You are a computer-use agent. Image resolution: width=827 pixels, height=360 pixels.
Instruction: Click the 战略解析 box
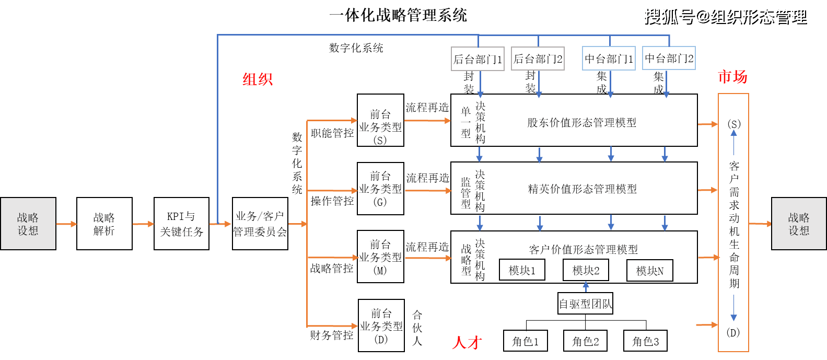104,224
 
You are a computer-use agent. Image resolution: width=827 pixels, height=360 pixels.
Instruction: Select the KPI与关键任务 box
181,224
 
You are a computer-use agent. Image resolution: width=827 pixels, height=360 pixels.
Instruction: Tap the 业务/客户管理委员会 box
260,224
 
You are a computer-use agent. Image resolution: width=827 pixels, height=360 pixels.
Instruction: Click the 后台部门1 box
477,59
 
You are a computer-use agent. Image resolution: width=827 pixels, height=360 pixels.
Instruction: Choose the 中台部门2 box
669,58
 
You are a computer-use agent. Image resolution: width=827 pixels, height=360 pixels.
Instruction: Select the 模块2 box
586,270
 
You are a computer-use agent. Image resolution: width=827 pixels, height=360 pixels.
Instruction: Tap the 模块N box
649,271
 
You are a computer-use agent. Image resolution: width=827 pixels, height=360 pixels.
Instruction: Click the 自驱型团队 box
585,304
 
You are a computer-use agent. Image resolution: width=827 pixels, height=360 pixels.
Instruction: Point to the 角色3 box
646,341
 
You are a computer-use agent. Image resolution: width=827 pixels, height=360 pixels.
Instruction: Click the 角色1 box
526,341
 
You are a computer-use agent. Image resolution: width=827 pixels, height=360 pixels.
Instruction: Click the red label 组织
258,79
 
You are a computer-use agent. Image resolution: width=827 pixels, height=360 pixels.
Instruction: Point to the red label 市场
732,77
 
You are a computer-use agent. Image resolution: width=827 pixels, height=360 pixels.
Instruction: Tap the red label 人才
467,343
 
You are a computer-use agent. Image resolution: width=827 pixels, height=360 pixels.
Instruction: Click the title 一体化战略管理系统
398,15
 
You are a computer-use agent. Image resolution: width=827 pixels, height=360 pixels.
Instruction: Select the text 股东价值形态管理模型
581,123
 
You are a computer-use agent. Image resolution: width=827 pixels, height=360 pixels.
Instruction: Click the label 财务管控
331,335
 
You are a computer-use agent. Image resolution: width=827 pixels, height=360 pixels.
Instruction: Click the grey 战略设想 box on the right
799,224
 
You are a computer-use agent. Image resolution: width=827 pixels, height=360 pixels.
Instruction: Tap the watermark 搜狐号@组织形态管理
725,16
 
